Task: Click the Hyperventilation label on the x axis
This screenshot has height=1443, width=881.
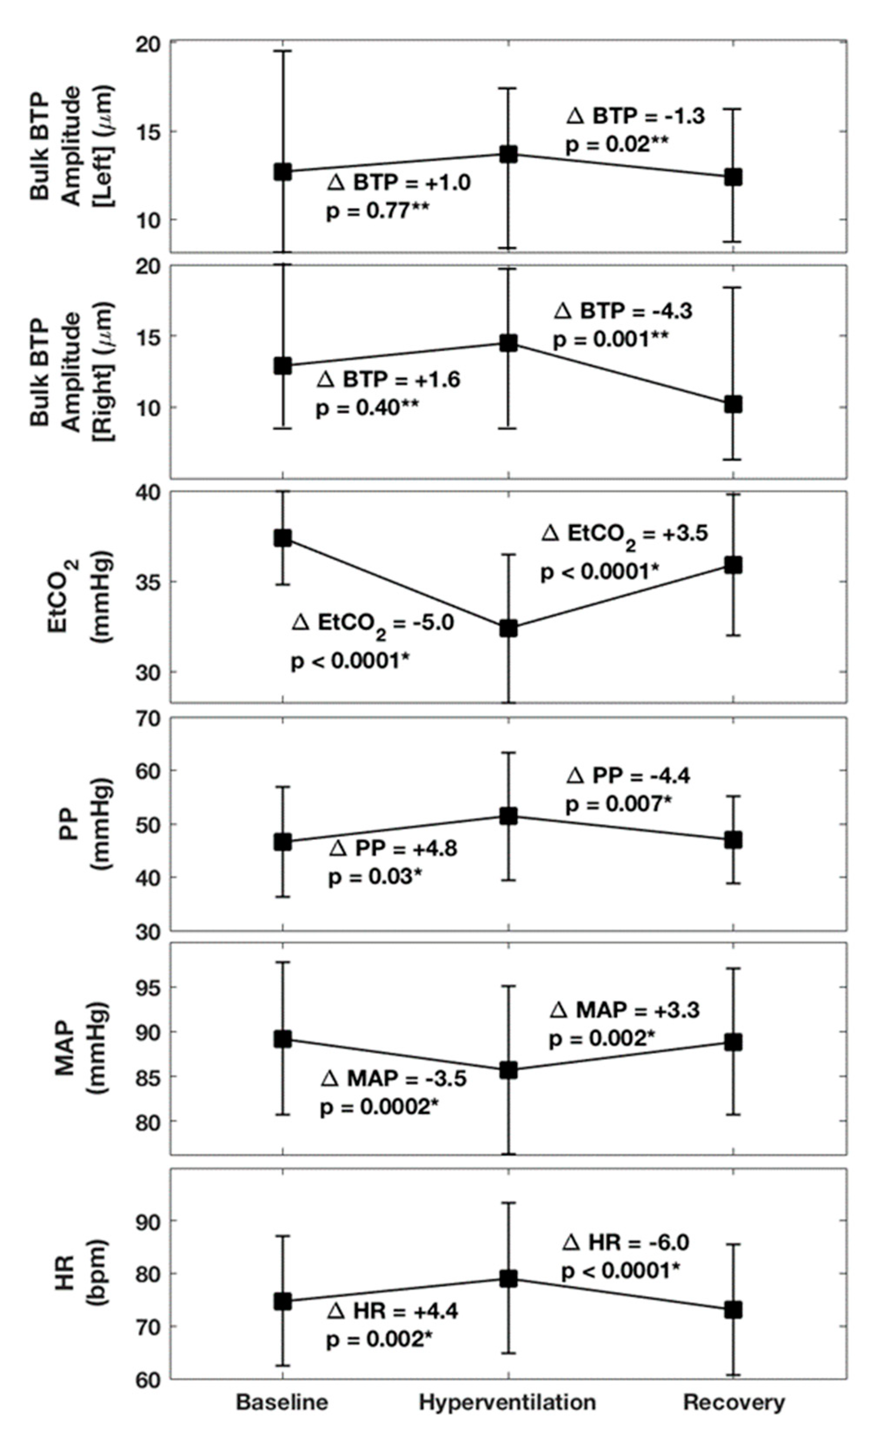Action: (x=507, y=1402)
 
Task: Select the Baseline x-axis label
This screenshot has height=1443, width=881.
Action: (x=282, y=1402)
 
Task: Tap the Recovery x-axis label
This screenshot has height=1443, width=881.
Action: (x=734, y=1402)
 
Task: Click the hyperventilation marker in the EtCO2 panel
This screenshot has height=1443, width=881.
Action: (x=508, y=628)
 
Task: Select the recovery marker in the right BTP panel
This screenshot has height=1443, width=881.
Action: (x=733, y=404)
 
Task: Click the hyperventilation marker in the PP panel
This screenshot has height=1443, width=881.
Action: (x=508, y=816)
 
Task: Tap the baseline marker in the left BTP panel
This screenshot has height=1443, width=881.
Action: (x=283, y=172)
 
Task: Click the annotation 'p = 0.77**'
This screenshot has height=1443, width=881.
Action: (x=378, y=211)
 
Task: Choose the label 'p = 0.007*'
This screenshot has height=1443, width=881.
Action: (x=618, y=805)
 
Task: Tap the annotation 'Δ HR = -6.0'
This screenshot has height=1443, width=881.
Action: (x=626, y=1242)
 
